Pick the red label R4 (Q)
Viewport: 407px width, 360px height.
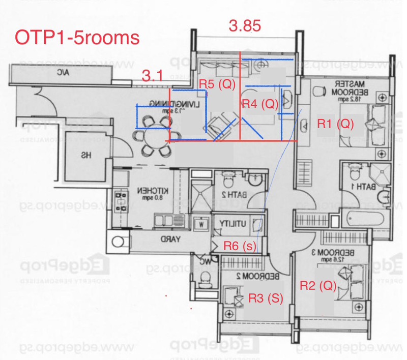pos(260,104)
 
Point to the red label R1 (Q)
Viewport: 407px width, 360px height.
pos(335,123)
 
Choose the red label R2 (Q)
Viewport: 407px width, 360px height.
pos(317,285)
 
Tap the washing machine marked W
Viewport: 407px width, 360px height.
pos(202,223)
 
